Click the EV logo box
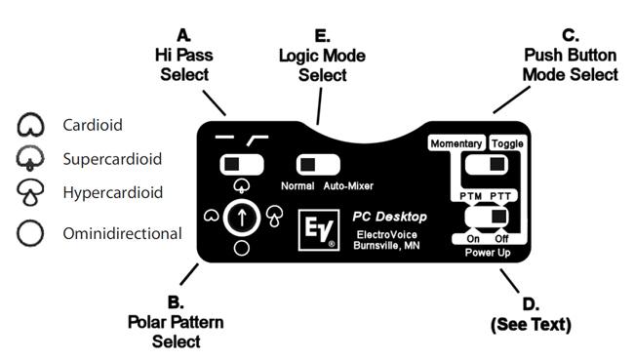click(x=319, y=229)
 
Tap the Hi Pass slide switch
click(x=242, y=165)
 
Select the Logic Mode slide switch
click(x=318, y=165)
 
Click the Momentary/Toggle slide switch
click(x=487, y=165)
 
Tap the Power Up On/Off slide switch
click(x=487, y=217)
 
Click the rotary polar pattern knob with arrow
click(x=242, y=218)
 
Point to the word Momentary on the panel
click(x=456, y=143)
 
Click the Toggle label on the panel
click(x=508, y=143)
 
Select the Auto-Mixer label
click(x=348, y=186)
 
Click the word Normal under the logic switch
click(x=297, y=186)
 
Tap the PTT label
click(x=500, y=196)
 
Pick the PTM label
click(x=471, y=196)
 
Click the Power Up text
click(x=488, y=253)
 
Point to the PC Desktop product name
click(x=389, y=217)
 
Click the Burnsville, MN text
click(x=386, y=246)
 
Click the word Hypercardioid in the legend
click(x=113, y=192)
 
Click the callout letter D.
click(x=531, y=304)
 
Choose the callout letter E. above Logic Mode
click(x=322, y=36)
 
